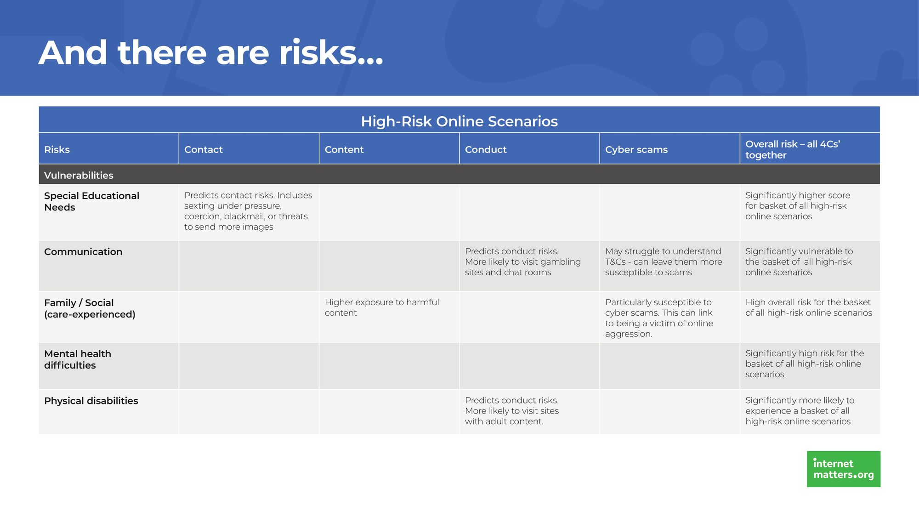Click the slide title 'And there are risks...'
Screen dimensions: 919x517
(x=211, y=53)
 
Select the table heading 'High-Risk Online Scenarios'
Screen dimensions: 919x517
(x=459, y=121)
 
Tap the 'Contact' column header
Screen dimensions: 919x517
(x=204, y=149)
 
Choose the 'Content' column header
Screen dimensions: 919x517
(x=344, y=149)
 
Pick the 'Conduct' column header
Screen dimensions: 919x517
(x=486, y=149)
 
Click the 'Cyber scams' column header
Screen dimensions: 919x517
(x=636, y=149)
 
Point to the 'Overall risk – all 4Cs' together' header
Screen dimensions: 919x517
(x=793, y=149)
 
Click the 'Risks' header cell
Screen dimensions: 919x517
(x=57, y=149)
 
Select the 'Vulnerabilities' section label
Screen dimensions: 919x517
(x=79, y=175)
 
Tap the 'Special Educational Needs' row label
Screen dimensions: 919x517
(x=91, y=201)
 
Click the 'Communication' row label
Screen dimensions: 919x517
(x=83, y=252)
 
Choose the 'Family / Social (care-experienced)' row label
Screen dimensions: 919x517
(x=90, y=308)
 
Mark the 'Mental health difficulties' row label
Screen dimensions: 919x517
(x=78, y=359)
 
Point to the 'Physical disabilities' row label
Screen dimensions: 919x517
(x=91, y=401)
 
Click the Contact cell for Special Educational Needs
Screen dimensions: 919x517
(x=248, y=211)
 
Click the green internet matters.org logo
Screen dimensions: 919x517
(x=844, y=469)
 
